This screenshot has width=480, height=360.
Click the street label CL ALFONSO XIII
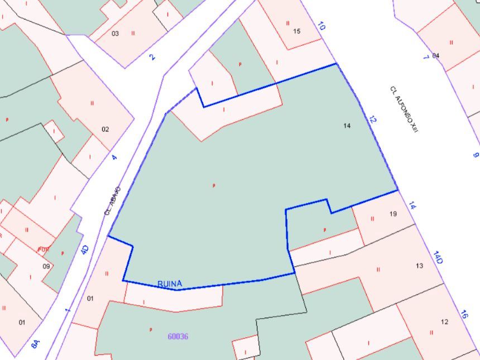tap(404, 109)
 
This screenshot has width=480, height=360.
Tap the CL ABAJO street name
tap(112, 201)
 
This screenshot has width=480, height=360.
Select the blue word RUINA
tap(170, 284)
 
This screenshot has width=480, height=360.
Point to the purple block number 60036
tap(178, 337)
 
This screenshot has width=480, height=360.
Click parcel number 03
tap(116, 33)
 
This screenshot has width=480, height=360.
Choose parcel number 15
tap(297, 31)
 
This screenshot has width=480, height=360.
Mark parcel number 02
tap(105, 129)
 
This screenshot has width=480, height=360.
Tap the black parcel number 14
tap(347, 126)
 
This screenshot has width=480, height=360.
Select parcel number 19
tap(393, 214)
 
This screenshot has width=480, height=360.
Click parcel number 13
tap(420, 266)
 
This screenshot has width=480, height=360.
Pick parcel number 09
tap(46, 266)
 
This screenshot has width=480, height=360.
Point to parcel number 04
tap(436, 55)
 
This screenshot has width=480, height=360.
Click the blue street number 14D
tap(439, 257)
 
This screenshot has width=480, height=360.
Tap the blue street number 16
tap(464, 314)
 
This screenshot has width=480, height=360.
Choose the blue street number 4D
tap(85, 249)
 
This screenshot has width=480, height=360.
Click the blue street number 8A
tap(35, 344)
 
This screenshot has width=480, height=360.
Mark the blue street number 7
tap(426, 56)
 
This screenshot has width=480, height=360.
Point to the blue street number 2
tap(152, 56)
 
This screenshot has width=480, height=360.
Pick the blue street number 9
tap(476, 155)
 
